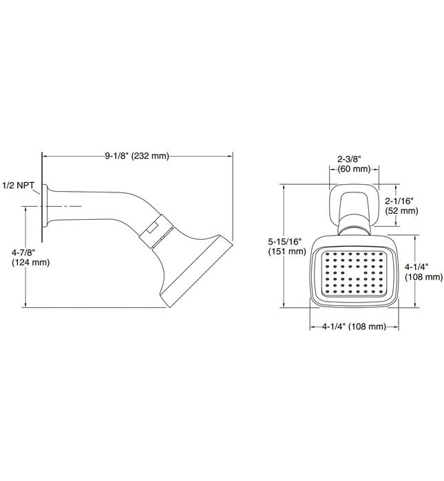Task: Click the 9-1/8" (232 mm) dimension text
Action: pyautogui.click(x=136, y=157)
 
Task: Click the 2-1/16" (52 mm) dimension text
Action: pyautogui.click(x=401, y=205)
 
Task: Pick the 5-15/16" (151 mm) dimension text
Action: pyautogui.click(x=286, y=246)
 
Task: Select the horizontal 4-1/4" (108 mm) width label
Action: pyautogui.click(x=354, y=326)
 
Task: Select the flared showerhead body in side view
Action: pyautogui.click(x=189, y=265)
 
